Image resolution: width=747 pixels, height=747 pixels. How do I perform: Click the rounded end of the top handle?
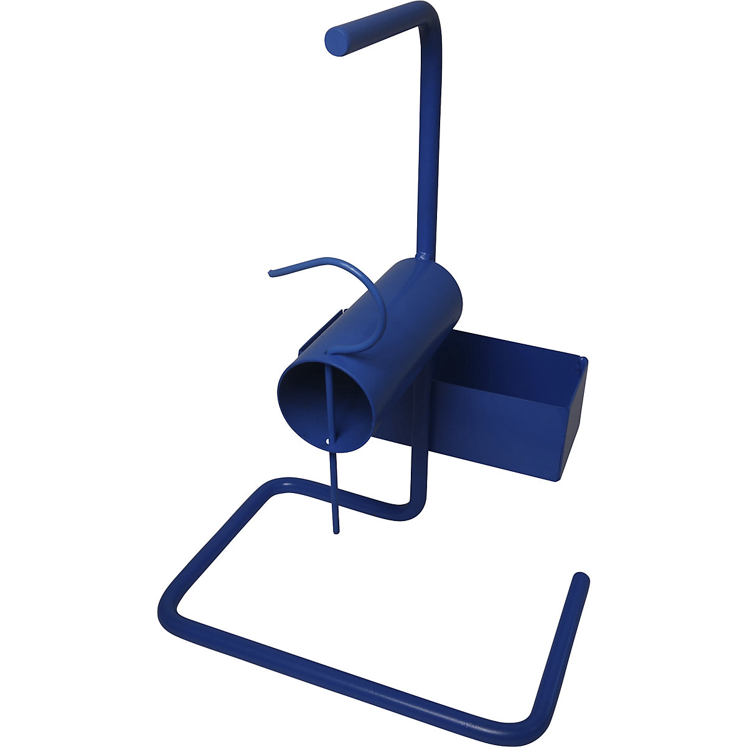339,41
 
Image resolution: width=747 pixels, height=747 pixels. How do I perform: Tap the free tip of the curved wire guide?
270,273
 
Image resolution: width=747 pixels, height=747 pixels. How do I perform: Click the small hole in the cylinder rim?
328,441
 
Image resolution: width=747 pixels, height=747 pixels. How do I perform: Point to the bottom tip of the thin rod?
337,530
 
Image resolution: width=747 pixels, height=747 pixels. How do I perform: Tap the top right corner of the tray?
583,359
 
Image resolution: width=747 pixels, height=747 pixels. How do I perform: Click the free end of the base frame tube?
581,578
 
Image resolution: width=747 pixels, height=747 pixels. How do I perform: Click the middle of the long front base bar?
349,669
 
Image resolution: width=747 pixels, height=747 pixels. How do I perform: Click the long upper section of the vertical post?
430,137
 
